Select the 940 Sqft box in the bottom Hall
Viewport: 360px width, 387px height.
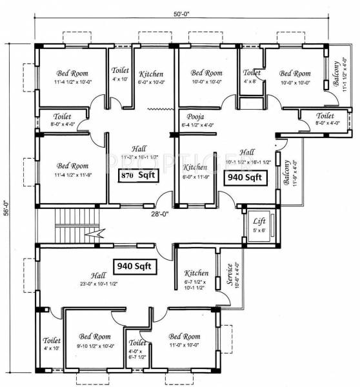pyautogui.click(x=134, y=265)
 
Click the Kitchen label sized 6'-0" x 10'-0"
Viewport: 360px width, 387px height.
pyautogui.click(x=150, y=74)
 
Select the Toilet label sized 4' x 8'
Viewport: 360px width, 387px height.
pyautogui.click(x=252, y=73)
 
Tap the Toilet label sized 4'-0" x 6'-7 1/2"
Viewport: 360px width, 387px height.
pyautogui.click(x=137, y=343)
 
